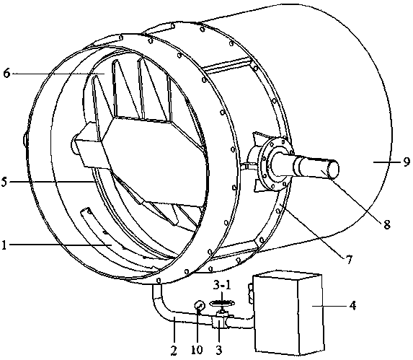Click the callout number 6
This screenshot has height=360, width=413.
pos(6,73)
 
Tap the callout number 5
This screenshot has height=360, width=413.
pos(4,182)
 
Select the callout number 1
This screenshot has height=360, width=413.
pos(4,245)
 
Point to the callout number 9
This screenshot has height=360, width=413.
pos(407,162)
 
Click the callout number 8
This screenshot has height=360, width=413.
pos(386,224)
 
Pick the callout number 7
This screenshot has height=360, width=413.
pos(348,260)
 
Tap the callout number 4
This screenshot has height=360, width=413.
pos(352,306)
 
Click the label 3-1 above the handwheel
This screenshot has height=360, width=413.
pos(222,286)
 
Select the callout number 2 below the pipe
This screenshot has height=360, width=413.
pos(173,350)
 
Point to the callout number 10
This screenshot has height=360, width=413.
pos(197,350)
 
